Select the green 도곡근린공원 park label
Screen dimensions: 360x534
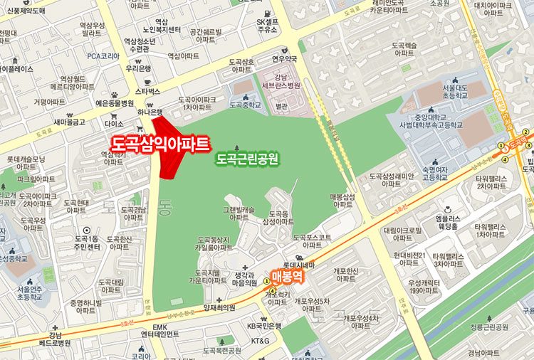pos(247,157)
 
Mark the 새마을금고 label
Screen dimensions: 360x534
pos(69,122)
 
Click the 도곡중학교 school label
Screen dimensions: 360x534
pos(246,105)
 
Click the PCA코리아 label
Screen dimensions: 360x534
pos(103,55)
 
